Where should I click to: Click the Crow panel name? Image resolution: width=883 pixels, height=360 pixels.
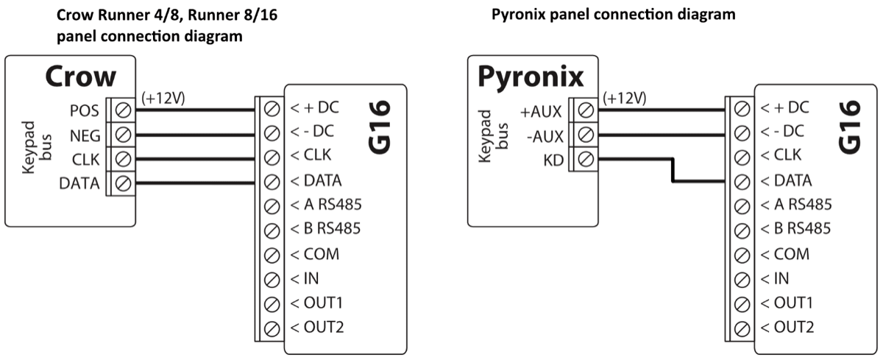click(81, 77)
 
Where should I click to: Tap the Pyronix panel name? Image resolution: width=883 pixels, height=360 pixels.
click(531, 76)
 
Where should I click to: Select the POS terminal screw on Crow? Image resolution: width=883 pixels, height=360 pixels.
click(123, 111)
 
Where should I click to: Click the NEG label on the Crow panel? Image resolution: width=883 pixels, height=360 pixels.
click(84, 135)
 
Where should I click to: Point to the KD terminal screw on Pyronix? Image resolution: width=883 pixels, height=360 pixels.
click(586, 159)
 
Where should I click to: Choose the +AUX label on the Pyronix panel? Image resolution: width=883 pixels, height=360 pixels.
click(541, 111)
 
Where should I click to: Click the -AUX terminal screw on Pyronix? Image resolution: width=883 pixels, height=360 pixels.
click(586, 135)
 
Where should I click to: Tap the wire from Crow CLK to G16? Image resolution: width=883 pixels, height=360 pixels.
click(195, 159)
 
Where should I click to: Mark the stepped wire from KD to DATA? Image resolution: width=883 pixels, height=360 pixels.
click(671, 171)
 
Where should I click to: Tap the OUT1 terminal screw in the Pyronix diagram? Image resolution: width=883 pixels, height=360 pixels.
click(742, 303)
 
